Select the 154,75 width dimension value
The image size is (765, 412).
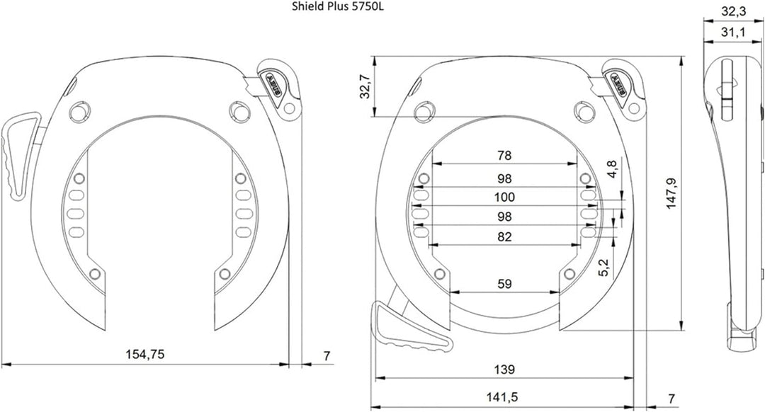coord(144,355)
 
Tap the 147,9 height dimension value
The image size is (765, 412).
coord(671,193)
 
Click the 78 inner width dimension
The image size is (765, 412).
coord(504,156)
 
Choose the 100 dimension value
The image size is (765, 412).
coord(504,198)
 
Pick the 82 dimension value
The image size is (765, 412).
coord(504,237)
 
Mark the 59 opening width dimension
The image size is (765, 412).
coord(504,284)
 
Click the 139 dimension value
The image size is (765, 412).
coord(504,370)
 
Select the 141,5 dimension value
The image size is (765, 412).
coord(502,398)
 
